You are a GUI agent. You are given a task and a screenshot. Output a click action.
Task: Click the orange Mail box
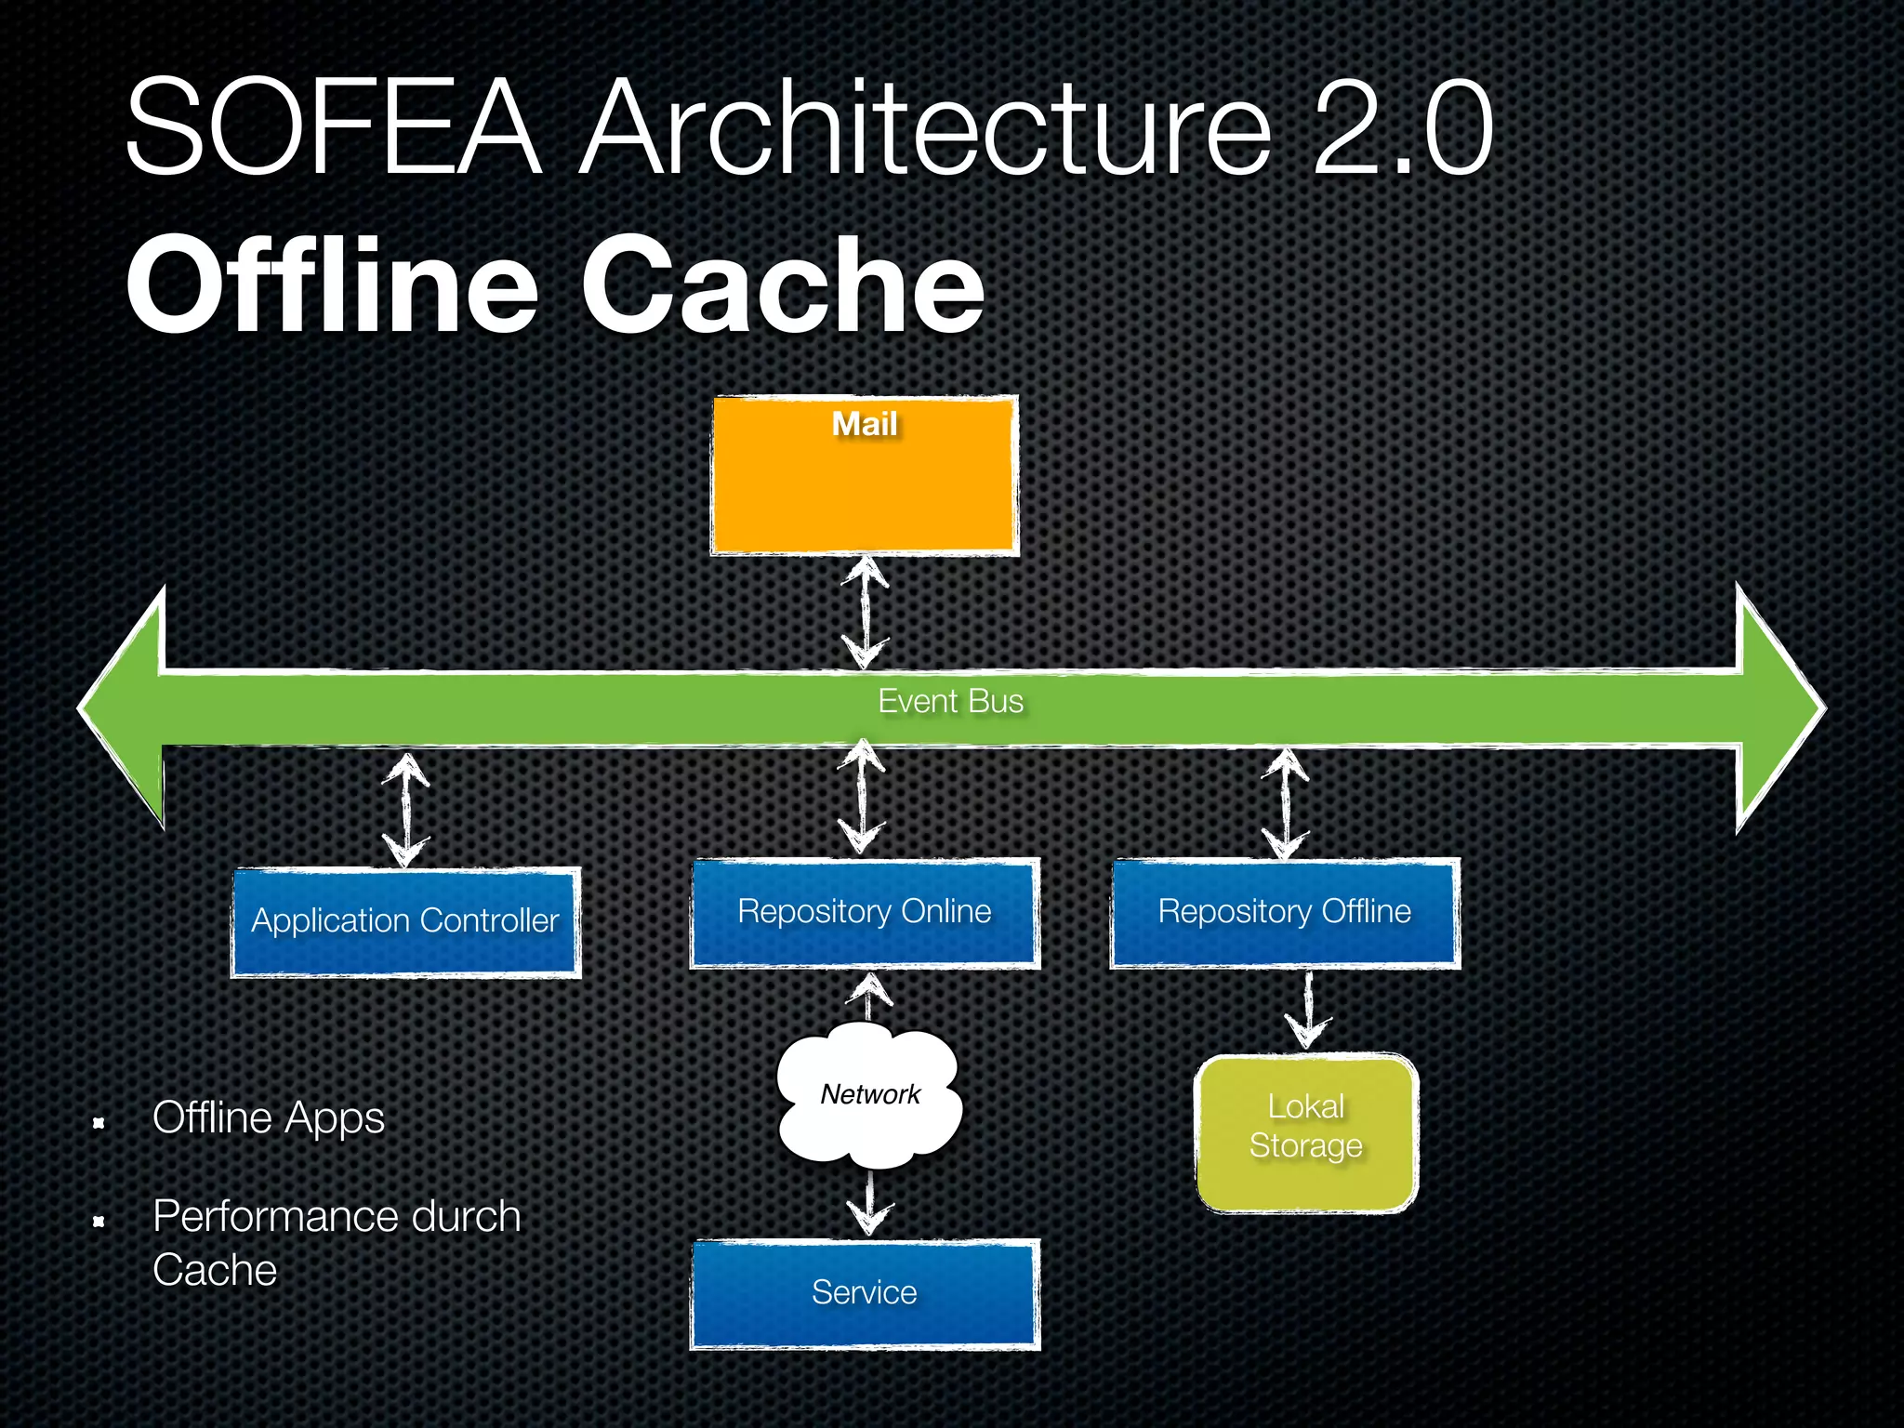(865, 476)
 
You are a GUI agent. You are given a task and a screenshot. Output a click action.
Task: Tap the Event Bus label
(950, 701)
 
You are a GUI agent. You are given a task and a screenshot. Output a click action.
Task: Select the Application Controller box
(405, 921)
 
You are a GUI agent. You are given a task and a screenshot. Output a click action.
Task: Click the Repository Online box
(865, 912)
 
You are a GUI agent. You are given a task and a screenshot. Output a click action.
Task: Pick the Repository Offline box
(1285, 912)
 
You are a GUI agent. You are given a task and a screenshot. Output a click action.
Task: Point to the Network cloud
(870, 1095)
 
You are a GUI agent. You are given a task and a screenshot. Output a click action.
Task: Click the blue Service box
(865, 1293)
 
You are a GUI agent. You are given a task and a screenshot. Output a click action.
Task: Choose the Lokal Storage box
(1306, 1132)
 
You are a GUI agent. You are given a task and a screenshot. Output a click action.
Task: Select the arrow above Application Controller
(406, 809)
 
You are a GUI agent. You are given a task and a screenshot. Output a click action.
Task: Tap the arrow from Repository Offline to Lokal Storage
(1308, 1010)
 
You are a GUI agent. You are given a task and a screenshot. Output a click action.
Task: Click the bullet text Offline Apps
(268, 1117)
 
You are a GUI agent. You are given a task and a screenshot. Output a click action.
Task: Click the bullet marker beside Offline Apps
(99, 1124)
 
